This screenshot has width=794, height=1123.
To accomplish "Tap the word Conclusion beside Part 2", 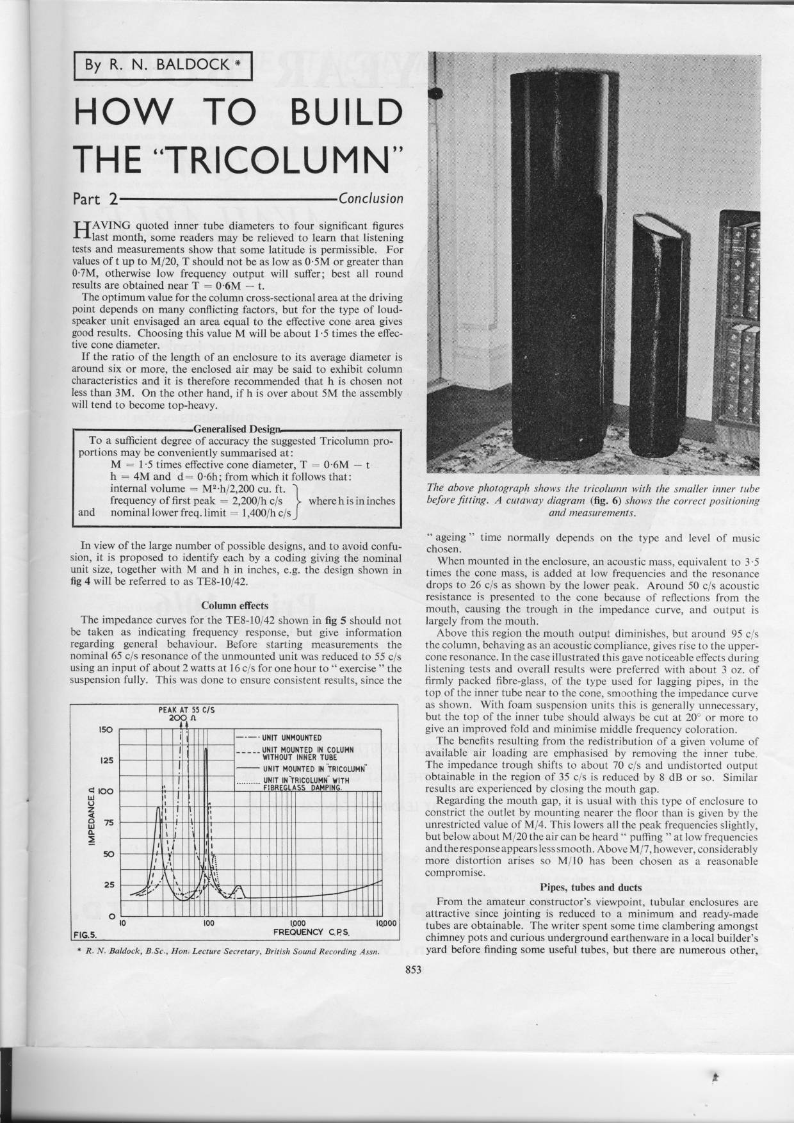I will pyautogui.click(x=371, y=198).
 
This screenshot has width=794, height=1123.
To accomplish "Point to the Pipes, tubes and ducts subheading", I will pyautogui.click(x=591, y=887).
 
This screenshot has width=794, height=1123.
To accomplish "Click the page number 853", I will pyautogui.click(x=414, y=970).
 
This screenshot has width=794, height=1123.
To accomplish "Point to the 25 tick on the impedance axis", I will pyautogui.click(x=108, y=885).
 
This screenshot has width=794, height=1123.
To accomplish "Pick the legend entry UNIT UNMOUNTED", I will pyautogui.click(x=291, y=738).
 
